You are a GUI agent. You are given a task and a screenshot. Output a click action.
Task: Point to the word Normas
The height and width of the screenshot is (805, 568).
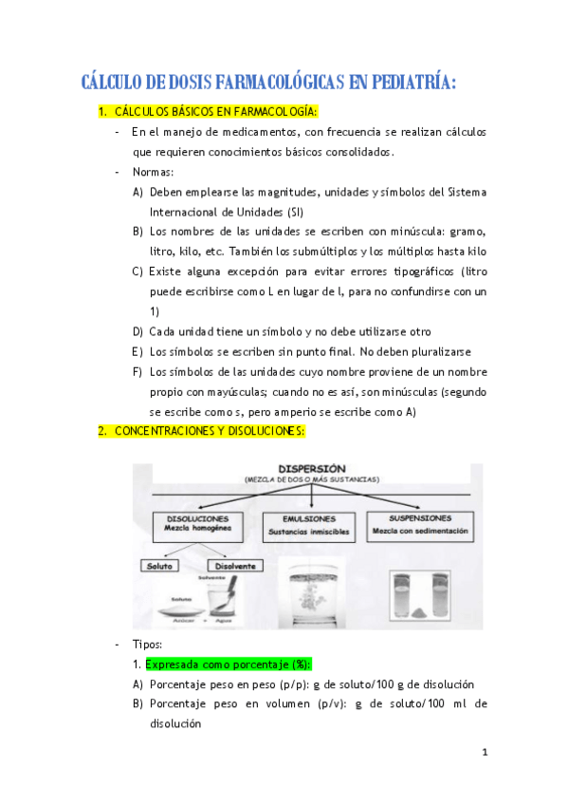[x=152, y=172]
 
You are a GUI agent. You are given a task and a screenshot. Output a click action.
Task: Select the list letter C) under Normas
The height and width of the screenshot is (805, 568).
[x=138, y=271]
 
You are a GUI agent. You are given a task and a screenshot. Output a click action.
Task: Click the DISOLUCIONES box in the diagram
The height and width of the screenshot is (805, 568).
[x=198, y=526]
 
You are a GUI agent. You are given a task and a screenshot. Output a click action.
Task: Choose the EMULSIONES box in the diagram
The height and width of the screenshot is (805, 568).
[x=310, y=526]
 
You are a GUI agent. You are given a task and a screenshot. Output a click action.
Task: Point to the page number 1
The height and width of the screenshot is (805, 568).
[x=484, y=753]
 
